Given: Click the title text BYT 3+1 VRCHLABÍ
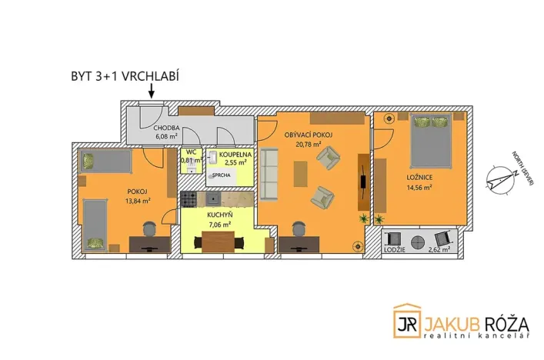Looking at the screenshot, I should (124, 77).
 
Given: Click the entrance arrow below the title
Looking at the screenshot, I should (151, 91).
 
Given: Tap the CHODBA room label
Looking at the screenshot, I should (166, 128).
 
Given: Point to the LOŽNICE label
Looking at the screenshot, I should (419, 177).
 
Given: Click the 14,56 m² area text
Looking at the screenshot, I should (419, 186).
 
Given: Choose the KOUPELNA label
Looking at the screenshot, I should (233, 154).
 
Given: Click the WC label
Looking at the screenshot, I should (190, 152).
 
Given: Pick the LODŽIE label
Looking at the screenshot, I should (394, 252).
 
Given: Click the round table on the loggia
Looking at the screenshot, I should (418, 240).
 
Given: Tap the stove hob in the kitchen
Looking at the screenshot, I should (189, 199).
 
